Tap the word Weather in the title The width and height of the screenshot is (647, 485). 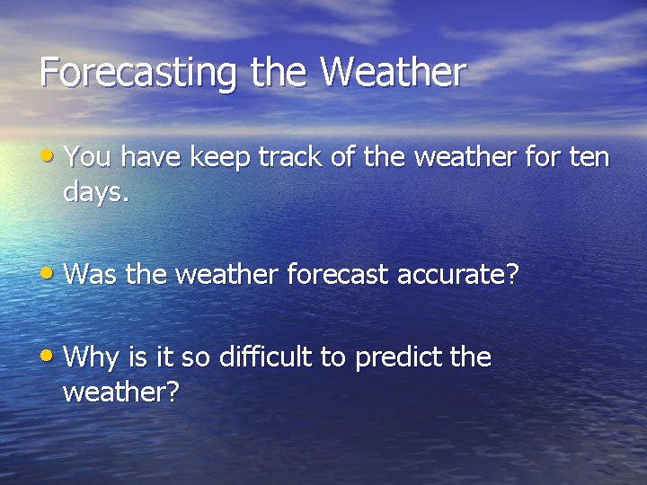(x=393, y=73)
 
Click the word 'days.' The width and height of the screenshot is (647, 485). (x=96, y=192)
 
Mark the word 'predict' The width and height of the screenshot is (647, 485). (x=397, y=358)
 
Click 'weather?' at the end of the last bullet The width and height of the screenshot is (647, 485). (x=121, y=392)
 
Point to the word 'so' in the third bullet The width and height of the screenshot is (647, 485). (x=195, y=358)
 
